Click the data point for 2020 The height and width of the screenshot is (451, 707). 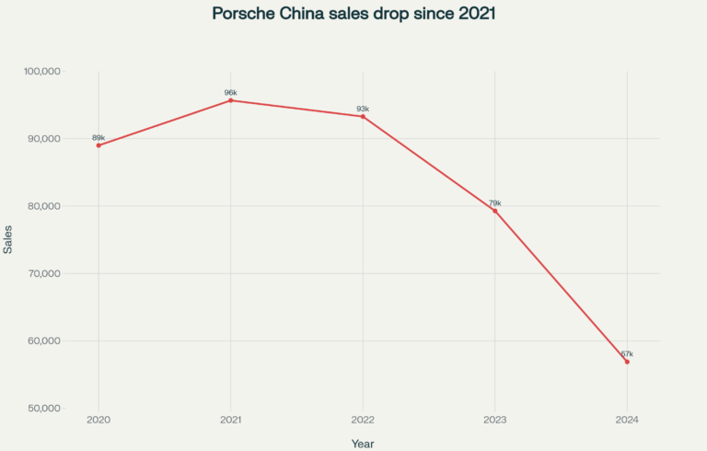pos(99,145)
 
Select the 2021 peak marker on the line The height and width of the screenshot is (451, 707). pos(230,100)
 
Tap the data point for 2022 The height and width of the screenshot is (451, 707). pos(363,117)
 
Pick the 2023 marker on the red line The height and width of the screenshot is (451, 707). pos(495,211)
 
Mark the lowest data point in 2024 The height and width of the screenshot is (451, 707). pos(627,362)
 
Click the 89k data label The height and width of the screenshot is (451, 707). pos(99,137)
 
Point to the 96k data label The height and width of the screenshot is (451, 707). pos(230,92)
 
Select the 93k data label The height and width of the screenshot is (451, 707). pos(363,109)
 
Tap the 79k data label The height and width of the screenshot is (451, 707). pos(495,202)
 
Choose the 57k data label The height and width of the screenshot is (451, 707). pos(627,353)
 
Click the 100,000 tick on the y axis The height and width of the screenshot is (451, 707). pos(41,71)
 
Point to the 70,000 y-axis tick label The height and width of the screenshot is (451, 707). pos(43,273)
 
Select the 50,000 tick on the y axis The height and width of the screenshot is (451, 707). pos(43,408)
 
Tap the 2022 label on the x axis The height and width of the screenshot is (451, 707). pos(363,420)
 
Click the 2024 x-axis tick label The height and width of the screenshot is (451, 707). pos(627,420)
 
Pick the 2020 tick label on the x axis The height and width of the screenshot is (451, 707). pos(99,420)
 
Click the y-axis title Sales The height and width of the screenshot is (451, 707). pos(8,239)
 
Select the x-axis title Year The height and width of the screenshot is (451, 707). pos(363,444)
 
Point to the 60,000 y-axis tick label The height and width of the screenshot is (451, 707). pos(43,341)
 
